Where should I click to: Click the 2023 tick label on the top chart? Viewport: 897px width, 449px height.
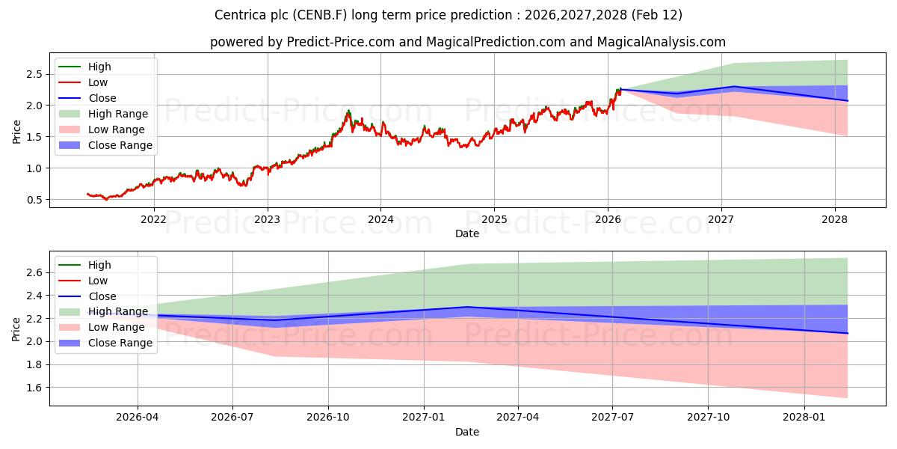point(267,219)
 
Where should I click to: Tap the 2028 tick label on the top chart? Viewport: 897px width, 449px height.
point(834,219)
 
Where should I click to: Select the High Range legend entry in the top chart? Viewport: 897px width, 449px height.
point(117,114)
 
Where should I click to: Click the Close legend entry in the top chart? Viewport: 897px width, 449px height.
point(102,98)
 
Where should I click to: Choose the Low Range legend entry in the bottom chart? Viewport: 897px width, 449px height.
point(116,327)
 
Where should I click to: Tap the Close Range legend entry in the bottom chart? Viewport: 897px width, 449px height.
point(120,343)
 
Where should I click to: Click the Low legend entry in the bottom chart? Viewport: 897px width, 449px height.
point(98,281)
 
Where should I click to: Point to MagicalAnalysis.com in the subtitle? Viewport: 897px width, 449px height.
point(661,42)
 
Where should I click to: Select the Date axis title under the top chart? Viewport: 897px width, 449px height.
point(467,233)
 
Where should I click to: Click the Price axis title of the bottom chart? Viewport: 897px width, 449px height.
point(16,328)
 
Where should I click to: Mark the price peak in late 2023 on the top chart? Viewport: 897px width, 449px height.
point(348,112)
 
